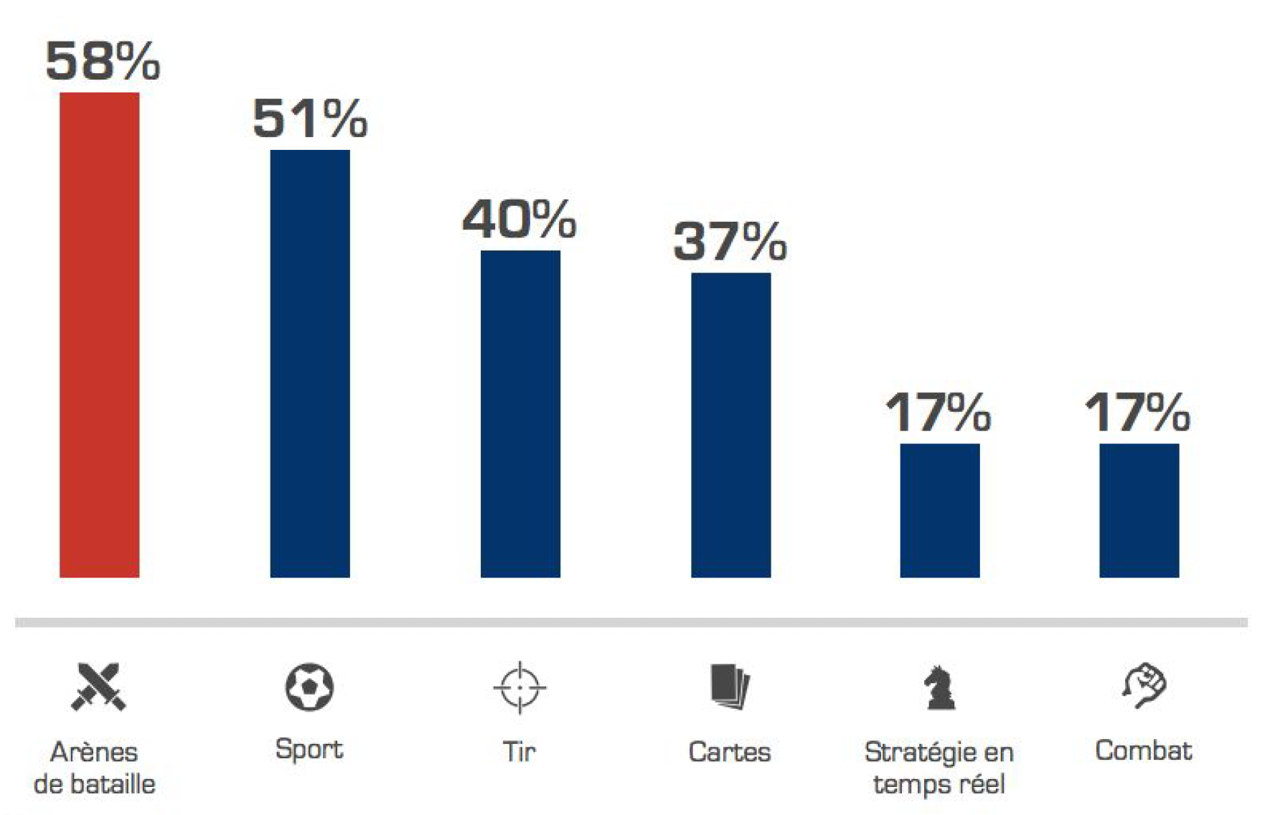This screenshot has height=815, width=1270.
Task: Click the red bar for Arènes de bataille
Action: pos(99,335)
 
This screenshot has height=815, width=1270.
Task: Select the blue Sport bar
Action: pos(309,364)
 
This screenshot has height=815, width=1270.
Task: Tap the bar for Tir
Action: pos(520,414)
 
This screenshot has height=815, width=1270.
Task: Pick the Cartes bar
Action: pos(730,425)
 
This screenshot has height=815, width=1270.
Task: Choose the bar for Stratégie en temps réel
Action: pos(939,510)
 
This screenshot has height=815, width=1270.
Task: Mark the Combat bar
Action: pos(1139,510)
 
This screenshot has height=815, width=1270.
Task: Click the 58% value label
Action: pos(103,61)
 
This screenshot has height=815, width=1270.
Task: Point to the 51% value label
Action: pos(310,118)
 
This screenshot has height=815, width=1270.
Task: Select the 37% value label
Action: pos(730,242)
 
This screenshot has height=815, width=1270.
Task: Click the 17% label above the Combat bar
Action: pos(1137,413)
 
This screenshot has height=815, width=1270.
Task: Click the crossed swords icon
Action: pos(98,687)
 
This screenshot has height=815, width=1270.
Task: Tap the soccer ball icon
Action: pos(309,687)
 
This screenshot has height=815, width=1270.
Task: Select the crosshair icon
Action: pos(519,687)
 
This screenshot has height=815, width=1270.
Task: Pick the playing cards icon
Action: pos(730,687)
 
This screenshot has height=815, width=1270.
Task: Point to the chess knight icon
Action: pos(939,687)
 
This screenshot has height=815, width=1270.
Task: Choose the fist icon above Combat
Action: pos(1144,685)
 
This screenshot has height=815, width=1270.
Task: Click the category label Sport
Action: pos(309,749)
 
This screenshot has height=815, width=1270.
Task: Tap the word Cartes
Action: pos(730,752)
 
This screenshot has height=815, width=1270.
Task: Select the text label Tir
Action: pos(519,752)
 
